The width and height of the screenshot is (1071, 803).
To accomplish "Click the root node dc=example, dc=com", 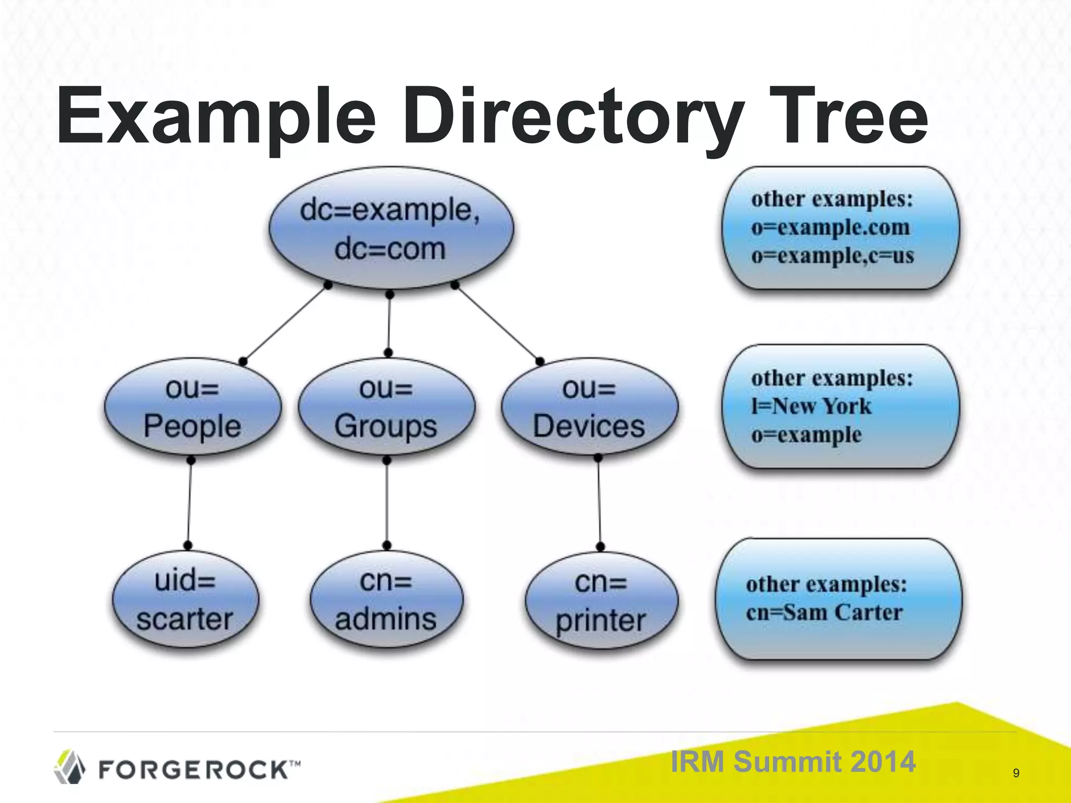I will [x=391, y=228].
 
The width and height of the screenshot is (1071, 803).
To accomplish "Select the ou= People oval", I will [x=192, y=407].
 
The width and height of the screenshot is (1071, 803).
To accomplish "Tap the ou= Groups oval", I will [x=386, y=407].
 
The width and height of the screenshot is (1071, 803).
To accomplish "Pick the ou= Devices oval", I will [x=589, y=407].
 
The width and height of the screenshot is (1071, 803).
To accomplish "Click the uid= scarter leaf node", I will [x=185, y=600].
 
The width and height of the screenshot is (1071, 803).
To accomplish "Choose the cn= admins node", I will [x=386, y=600].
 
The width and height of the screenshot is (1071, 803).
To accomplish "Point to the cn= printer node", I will [x=601, y=601].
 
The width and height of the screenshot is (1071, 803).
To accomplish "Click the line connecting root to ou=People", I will [x=286, y=323].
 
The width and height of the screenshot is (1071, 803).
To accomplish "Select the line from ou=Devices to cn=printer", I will [x=599, y=502].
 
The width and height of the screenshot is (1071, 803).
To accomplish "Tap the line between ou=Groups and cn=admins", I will [x=386, y=502].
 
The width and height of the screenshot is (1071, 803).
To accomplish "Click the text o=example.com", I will [x=830, y=227].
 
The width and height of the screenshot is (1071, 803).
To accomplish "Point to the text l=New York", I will [x=811, y=406].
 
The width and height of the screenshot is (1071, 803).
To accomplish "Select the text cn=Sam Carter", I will [x=824, y=612].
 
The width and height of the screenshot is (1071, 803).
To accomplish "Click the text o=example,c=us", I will [x=833, y=256].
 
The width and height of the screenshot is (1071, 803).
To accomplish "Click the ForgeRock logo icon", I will [x=70, y=767].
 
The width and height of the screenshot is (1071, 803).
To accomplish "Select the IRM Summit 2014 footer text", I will [x=793, y=761].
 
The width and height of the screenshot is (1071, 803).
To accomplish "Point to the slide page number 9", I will [x=1016, y=773].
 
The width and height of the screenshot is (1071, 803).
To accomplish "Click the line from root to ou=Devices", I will [x=497, y=323].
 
